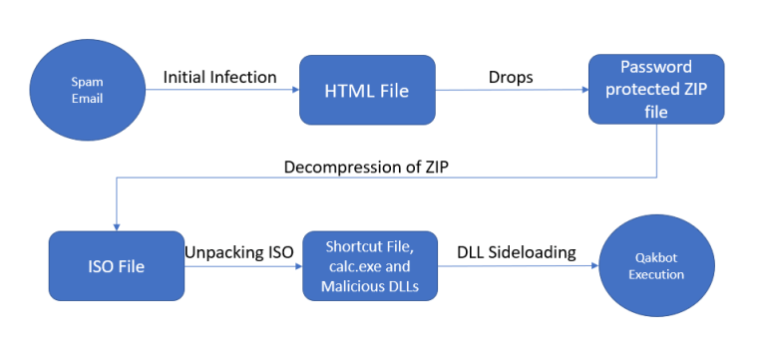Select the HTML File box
click(x=367, y=90)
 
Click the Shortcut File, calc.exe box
click(x=369, y=265)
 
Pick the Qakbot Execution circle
click(x=656, y=265)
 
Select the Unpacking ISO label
click(x=238, y=252)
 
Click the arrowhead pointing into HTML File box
click(x=294, y=90)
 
